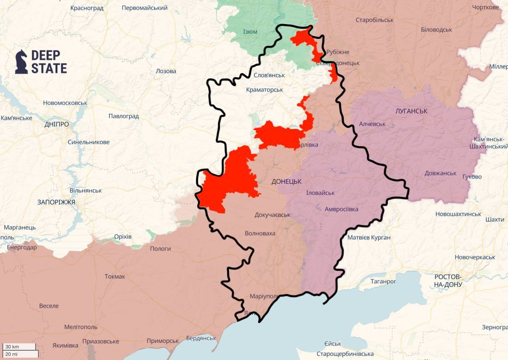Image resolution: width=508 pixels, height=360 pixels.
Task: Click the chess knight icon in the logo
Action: point(21,62)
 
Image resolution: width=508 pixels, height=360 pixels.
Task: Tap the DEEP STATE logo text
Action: point(49,62)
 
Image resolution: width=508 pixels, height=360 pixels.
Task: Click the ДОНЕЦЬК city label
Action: point(286,182)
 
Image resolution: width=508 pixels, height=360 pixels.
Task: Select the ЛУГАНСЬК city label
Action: point(411,111)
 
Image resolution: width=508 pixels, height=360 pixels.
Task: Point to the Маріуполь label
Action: point(264,296)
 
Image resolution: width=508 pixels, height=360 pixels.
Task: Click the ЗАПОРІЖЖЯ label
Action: point(56,202)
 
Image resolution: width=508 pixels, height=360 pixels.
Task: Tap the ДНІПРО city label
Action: point(57,124)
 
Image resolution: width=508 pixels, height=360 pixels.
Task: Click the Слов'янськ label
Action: point(269,75)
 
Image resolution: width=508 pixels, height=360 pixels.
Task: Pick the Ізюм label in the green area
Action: point(250,31)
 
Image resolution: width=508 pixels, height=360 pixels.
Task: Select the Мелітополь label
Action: point(81,327)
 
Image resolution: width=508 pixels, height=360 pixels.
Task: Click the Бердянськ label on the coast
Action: point(201,338)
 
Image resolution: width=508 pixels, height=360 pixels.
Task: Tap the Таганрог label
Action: point(384,281)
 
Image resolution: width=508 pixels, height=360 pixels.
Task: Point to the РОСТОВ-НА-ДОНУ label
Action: point(448,280)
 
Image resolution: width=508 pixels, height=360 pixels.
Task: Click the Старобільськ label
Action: point(374,20)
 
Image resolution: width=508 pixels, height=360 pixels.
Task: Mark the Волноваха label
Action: point(260,233)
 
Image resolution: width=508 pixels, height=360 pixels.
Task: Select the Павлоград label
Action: point(124,116)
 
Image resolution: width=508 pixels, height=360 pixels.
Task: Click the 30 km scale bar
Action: point(19,347)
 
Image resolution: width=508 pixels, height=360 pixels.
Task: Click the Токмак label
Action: point(115,276)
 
